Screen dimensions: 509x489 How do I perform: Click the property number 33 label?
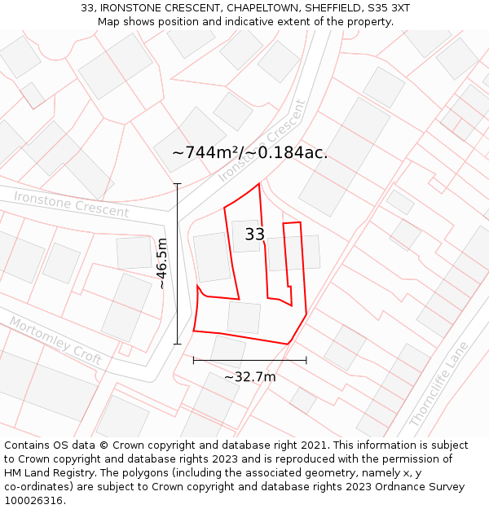point(255,235)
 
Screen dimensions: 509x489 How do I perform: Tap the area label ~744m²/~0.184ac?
point(249,152)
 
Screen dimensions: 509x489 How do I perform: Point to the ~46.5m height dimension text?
point(162,263)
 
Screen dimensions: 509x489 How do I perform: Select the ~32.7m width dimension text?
point(249,376)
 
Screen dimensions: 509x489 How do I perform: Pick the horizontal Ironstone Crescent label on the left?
point(72,204)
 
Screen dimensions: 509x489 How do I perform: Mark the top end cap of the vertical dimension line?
point(178,184)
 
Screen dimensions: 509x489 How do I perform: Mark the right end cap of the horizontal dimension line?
point(306,359)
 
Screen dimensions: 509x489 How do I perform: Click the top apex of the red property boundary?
point(259,184)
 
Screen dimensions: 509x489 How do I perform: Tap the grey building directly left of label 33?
point(212,257)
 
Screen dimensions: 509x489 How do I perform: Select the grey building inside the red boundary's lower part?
point(244,317)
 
